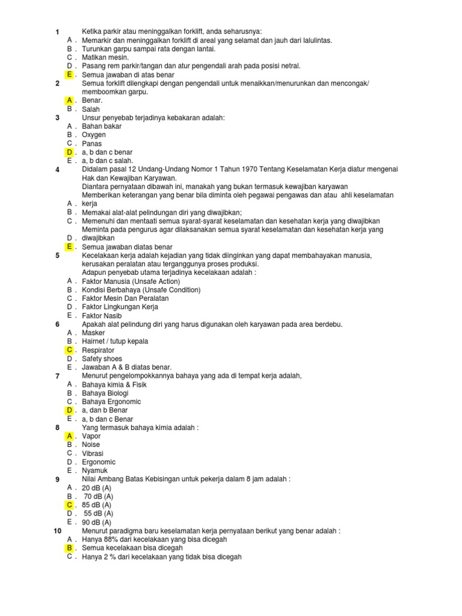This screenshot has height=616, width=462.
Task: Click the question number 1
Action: pos(57,32)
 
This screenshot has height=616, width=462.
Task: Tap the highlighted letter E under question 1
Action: pos(70,74)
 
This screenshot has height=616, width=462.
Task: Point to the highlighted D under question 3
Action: pos(70,152)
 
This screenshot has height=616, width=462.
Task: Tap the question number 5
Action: pos(57,256)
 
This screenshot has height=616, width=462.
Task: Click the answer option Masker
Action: pos(93,333)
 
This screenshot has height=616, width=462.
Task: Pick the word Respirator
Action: pos(98,350)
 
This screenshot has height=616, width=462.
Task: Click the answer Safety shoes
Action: pos(102,359)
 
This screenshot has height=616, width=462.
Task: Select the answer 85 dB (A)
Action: pos(97,505)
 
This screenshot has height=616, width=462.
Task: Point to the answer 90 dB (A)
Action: pos(97,523)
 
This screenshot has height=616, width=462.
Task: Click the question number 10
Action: pos(57,531)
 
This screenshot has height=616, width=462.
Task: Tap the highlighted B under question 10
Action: pos(70,549)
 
